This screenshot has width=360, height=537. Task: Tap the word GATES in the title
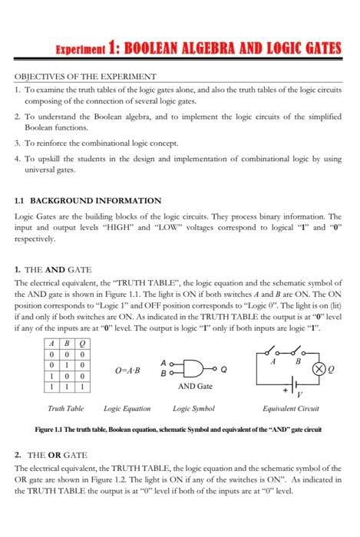tap(315, 49)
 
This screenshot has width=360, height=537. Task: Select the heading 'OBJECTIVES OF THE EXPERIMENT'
tap(86, 77)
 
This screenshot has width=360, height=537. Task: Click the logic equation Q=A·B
tap(127, 371)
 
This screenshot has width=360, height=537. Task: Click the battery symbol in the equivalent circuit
tap(292, 391)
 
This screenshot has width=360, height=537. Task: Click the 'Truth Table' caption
tap(66, 409)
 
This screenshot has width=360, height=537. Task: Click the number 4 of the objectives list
tap(18, 159)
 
